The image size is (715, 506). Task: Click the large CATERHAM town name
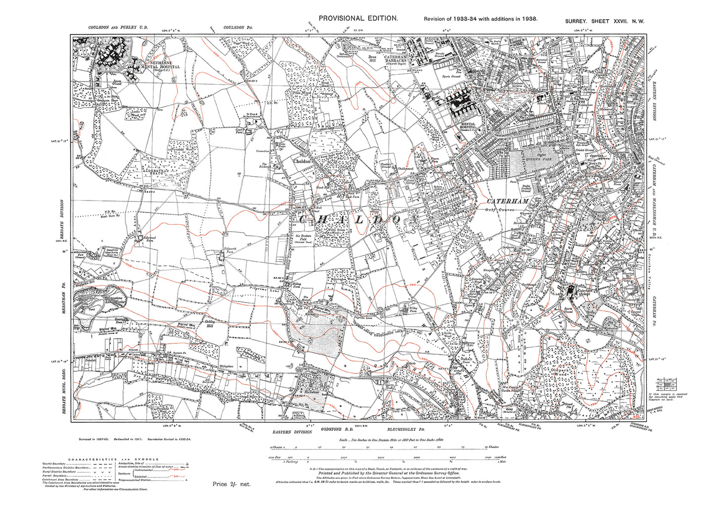click(x=508, y=202)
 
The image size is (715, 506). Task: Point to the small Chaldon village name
click(x=302, y=161)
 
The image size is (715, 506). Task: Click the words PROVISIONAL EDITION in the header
click(x=358, y=18)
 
